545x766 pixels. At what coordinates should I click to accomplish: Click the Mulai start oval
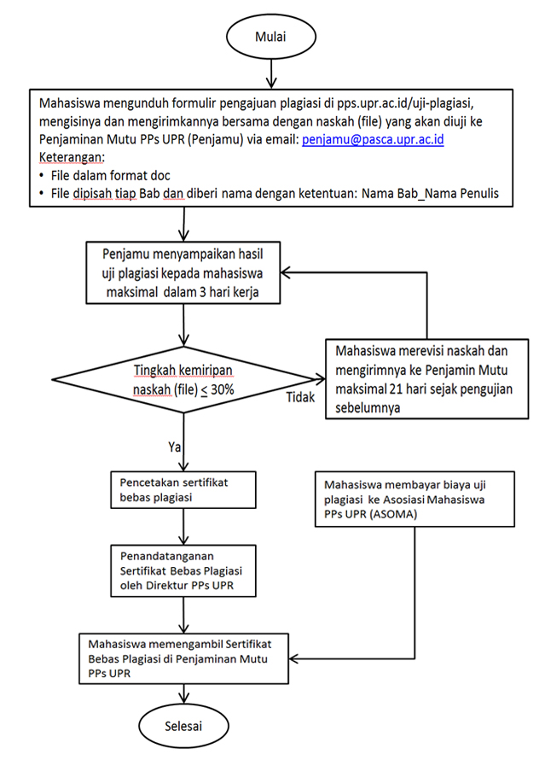point(270,37)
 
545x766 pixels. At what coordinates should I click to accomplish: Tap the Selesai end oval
point(183,726)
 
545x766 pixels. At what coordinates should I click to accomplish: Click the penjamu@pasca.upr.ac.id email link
point(373,139)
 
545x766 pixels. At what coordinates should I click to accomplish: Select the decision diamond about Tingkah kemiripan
point(184,379)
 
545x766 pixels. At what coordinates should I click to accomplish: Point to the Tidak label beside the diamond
point(300,397)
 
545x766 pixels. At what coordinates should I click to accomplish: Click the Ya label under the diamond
point(174,447)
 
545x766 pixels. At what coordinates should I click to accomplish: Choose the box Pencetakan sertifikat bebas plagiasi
point(183,490)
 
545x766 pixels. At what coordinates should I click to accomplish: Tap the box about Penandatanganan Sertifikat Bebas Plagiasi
point(183,570)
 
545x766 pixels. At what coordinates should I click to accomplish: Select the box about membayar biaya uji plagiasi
point(415,500)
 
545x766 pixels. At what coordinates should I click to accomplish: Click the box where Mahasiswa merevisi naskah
point(427,379)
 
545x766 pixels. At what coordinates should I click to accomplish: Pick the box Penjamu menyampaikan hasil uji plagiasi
point(183,272)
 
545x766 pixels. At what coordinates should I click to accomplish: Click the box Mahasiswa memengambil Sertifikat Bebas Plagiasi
point(183,658)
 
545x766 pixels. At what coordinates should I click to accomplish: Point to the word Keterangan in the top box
point(72,157)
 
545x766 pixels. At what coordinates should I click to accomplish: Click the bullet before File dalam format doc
point(42,176)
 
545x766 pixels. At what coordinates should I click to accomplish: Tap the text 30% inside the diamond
point(223,389)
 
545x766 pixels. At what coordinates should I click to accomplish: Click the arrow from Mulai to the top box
point(270,74)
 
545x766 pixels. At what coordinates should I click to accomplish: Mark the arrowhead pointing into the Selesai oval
point(183,699)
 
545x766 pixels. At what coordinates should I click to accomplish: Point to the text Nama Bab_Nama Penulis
point(430,194)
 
